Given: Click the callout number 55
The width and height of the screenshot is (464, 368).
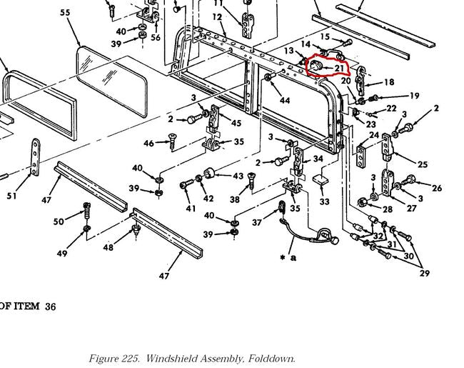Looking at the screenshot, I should coord(65,13).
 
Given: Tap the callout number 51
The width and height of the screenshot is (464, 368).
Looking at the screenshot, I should coord(12,196).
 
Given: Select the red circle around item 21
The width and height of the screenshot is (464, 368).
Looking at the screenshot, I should coord(326,67).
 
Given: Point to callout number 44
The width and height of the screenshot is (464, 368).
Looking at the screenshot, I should coord(285,100).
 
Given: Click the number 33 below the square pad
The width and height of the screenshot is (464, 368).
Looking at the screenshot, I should coord(325,202).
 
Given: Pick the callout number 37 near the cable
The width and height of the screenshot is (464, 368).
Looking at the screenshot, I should coord(258,222).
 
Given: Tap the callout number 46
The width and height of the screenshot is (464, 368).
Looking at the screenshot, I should coord(148,144).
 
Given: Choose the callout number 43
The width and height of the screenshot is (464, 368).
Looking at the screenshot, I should coord(238,176).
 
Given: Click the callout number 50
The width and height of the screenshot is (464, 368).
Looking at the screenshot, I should coord(59,222).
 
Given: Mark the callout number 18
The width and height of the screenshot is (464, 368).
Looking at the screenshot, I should coord(388,82).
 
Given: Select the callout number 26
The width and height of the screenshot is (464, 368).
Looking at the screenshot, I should coord(437,188).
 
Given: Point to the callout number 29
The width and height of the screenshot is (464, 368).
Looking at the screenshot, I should coord(425,274).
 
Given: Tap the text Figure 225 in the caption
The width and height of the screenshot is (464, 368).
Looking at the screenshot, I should coord(114,359).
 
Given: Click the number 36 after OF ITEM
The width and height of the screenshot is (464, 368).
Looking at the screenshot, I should coord(50,307).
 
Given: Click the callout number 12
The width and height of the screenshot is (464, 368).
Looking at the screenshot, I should coord(217,17).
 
